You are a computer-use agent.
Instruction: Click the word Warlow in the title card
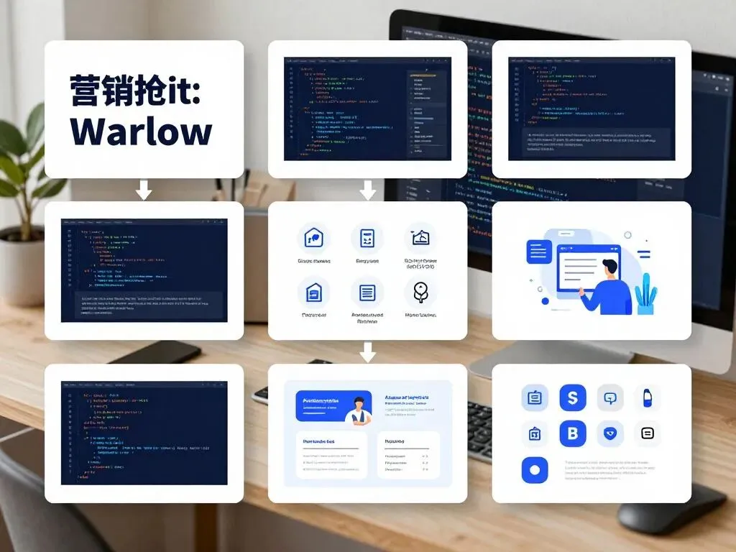point(141,132)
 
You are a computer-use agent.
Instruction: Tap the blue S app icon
point(573,397)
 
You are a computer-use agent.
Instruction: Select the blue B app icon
point(573,433)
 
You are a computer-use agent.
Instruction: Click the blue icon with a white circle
point(534,470)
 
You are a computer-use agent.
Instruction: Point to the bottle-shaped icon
point(648,397)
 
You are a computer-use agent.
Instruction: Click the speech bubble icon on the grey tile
point(610,397)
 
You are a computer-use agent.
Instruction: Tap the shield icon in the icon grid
point(610,433)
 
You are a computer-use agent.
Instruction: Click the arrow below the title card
point(144,190)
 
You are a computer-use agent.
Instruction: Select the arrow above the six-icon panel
point(368,190)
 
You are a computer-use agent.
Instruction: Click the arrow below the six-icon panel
point(368,351)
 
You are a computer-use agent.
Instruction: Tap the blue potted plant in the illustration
point(646,294)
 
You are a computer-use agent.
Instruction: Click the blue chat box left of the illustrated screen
point(538,252)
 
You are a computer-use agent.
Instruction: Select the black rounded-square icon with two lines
point(648,433)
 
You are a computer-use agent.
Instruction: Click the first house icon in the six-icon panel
point(314,237)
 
